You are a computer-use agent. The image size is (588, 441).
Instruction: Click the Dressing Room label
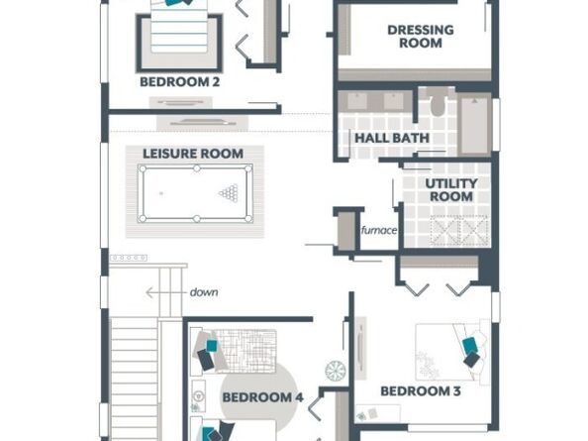(x=420, y=37)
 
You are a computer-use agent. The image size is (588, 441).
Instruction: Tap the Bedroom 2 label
(x=179, y=82)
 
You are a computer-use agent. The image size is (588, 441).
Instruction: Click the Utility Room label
(x=450, y=190)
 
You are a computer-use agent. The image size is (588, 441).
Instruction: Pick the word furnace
(x=379, y=230)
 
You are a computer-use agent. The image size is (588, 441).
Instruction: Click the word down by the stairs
(x=205, y=292)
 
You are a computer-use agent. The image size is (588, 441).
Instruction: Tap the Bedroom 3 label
(x=421, y=391)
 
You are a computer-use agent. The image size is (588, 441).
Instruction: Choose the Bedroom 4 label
(x=262, y=397)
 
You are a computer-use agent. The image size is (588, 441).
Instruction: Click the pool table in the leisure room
(x=195, y=193)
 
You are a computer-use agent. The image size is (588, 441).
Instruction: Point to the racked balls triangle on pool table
(x=233, y=193)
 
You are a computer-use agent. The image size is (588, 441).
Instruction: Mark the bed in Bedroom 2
(x=179, y=35)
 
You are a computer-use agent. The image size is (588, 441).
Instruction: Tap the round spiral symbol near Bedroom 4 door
(x=335, y=370)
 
